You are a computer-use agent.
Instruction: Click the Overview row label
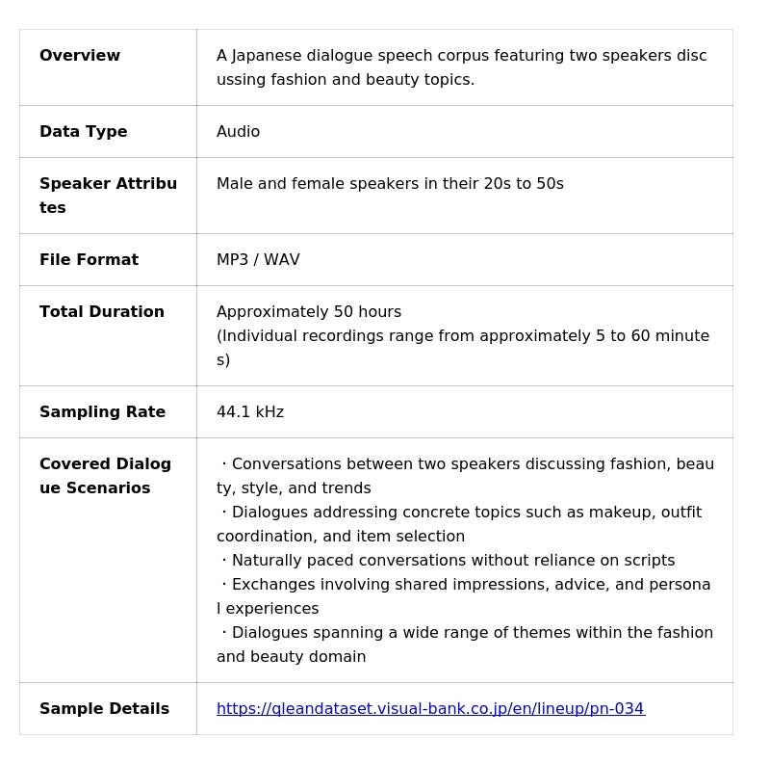pos(80,56)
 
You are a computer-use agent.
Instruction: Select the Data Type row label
pos(83,132)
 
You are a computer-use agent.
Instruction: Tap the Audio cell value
pos(238,132)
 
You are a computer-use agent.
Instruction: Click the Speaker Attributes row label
pos(108,196)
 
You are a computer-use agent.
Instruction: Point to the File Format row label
pos(89,260)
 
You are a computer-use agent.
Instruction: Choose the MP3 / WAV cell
pos(258,260)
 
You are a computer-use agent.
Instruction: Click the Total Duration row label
pos(102,312)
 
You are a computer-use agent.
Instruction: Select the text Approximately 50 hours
pos(309,312)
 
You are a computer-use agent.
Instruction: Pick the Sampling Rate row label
pos(102,412)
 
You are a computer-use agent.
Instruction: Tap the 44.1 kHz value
pos(250,412)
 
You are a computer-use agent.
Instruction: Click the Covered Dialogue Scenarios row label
pos(105,476)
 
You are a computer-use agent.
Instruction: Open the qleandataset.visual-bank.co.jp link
pos(430,709)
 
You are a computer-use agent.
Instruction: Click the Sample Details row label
pos(104,709)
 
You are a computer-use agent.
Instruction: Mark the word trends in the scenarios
pos(346,488)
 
